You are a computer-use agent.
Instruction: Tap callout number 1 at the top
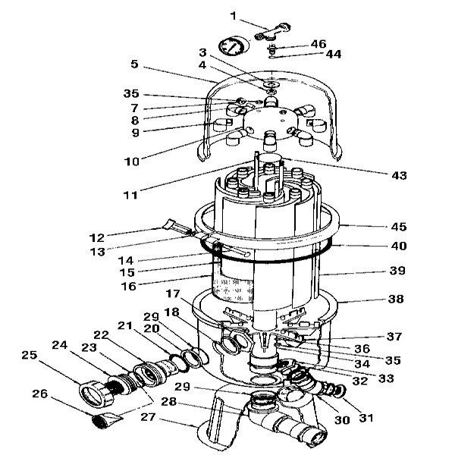[234, 14]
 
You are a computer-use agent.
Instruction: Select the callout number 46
[318, 45]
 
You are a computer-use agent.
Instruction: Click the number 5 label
[134, 64]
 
